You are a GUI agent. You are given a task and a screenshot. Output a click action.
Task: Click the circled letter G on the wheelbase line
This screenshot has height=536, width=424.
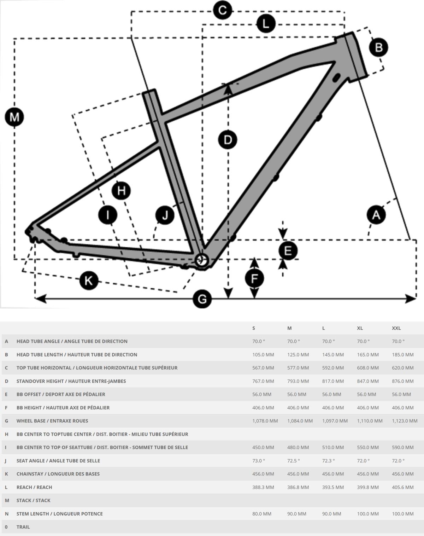pyautogui.click(x=202, y=299)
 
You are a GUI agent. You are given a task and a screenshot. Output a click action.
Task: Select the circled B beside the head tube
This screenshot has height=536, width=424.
pyautogui.click(x=378, y=47)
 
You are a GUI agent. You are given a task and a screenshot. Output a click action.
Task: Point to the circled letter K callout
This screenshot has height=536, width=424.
pyautogui.click(x=88, y=280)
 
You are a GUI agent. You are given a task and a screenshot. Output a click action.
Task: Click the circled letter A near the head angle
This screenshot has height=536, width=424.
pyautogui.click(x=376, y=215)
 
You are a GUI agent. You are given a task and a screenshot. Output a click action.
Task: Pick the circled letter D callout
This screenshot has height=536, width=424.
pyautogui.click(x=228, y=140)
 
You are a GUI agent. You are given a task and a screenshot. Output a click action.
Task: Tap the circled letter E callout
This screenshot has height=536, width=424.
pyautogui.click(x=288, y=251)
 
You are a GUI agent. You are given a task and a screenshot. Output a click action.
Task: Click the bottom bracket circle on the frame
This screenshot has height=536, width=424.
pyautogui.click(x=202, y=260)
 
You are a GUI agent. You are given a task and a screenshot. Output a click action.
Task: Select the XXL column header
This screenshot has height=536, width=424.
pyautogui.click(x=396, y=328)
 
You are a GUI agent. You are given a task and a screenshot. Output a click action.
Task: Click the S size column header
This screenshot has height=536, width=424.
pyautogui.click(x=254, y=328)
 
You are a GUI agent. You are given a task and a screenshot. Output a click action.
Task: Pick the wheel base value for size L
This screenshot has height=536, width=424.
pyautogui.click(x=335, y=421)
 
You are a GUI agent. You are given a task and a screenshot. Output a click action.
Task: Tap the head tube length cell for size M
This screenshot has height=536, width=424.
pyautogui.click(x=298, y=355)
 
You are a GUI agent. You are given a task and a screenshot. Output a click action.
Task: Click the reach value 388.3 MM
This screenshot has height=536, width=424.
pyautogui.click(x=263, y=487)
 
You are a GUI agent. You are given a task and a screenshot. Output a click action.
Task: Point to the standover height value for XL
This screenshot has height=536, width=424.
pyautogui.click(x=367, y=381)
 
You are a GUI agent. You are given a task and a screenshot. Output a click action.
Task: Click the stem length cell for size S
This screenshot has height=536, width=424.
pyautogui.click(x=261, y=514)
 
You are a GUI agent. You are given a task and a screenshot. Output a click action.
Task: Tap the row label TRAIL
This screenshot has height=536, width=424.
pyautogui.click(x=23, y=527)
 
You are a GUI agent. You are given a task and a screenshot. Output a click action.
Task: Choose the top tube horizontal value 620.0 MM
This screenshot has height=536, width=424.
pyautogui.click(x=402, y=368)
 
